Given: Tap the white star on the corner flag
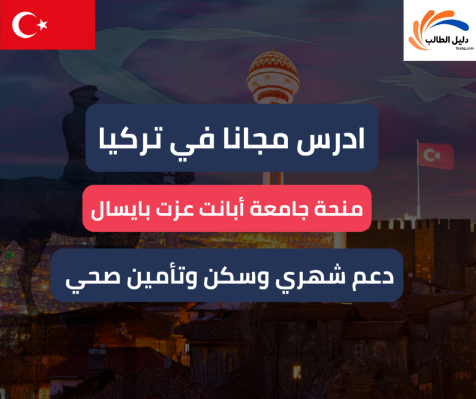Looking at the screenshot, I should pos(43,25).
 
